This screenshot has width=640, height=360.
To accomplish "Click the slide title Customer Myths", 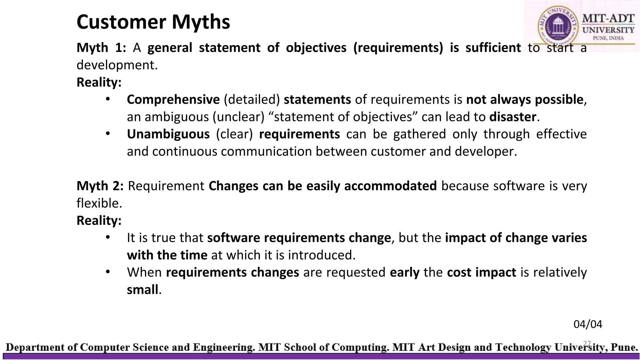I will point(153,22).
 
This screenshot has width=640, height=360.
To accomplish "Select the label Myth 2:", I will point(100,186).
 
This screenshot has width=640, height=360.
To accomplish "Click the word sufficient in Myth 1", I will point(493,48).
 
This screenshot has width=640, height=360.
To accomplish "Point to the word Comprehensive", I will point(173,100).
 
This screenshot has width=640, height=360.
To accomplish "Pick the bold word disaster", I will point(512,117).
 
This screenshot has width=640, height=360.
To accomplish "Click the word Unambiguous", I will point(168,134).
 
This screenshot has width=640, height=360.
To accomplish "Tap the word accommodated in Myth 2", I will point(390,186).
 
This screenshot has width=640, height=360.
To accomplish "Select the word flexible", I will point(98,203).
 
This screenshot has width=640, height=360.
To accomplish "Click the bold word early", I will point(404,272).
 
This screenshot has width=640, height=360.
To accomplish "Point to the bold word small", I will point(142,290).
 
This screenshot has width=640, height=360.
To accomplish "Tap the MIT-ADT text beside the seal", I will point(608,18).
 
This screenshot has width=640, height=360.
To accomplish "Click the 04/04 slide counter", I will point(587,324).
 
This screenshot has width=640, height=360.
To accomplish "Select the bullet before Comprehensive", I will point(108,99).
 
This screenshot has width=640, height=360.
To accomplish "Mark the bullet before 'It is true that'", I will point(108,237).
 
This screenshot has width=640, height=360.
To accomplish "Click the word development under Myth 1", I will point(117,65).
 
